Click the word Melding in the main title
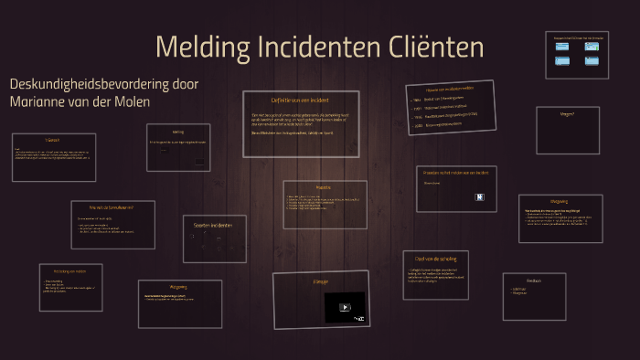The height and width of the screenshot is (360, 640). pyautogui.click(x=199, y=48)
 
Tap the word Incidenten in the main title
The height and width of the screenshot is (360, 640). pyautogui.click(x=322, y=48)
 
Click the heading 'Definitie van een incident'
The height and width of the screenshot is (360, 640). pyautogui.click(x=300, y=100)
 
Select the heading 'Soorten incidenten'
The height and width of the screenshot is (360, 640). pyautogui.click(x=214, y=225)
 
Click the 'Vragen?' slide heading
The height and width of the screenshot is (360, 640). pyautogui.click(x=567, y=113)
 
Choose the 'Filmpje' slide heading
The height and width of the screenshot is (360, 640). pyautogui.click(x=320, y=281)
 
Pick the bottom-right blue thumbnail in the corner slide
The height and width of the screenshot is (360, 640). pyautogui.click(x=592, y=62)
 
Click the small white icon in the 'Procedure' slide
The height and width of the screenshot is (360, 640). pyautogui.click(x=478, y=196)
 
